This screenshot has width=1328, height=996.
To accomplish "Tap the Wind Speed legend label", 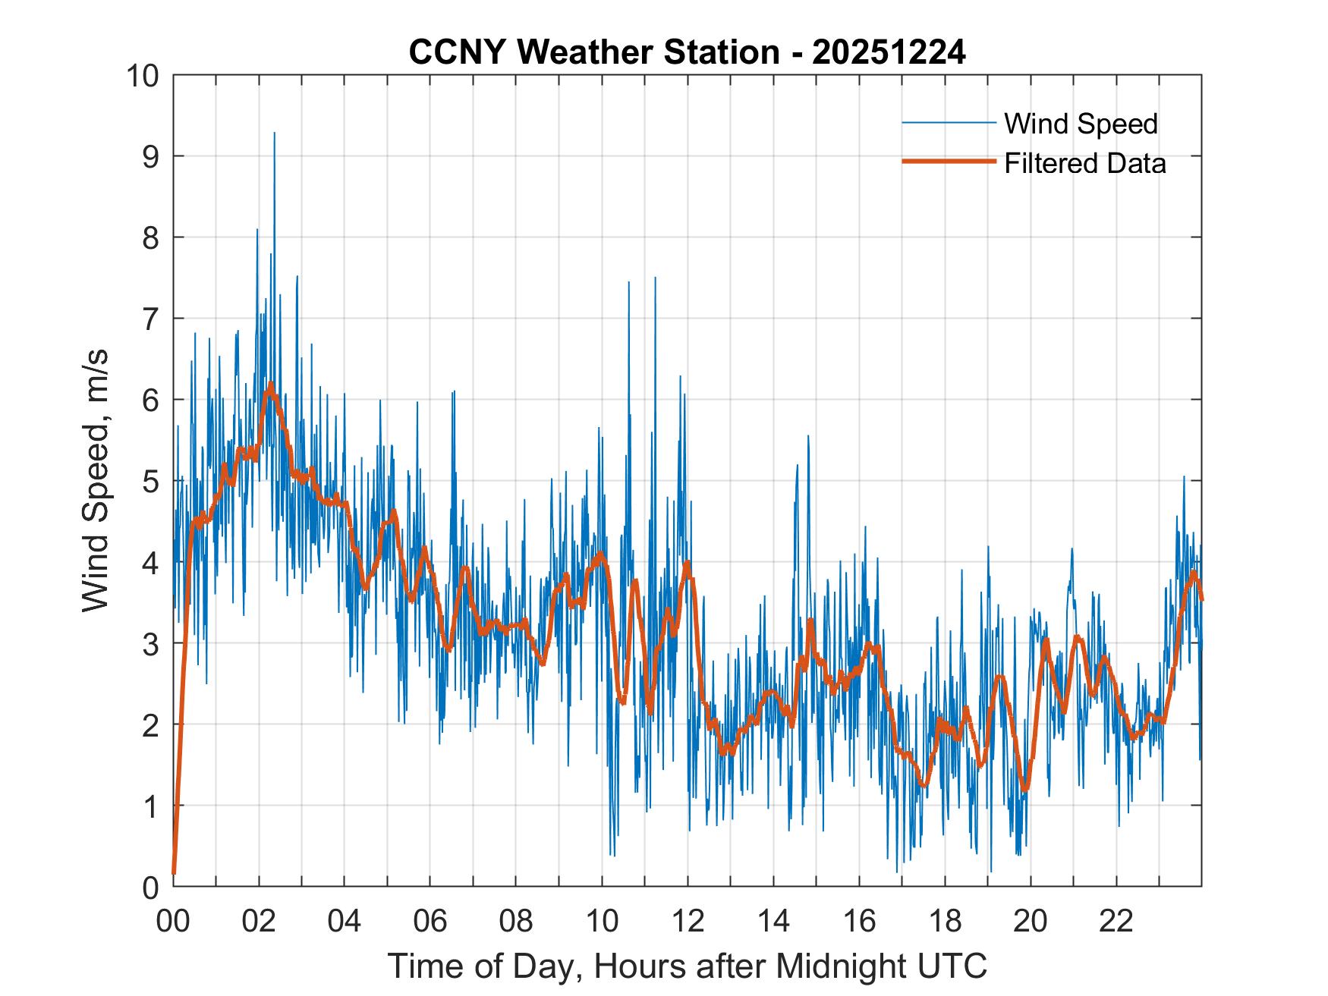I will pyautogui.click(x=1081, y=124).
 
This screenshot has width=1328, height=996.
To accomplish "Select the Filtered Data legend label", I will pyautogui.click(x=1084, y=163).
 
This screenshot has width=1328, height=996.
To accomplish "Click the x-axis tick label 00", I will pyautogui.click(x=173, y=921).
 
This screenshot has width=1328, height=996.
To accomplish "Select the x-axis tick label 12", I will pyautogui.click(x=688, y=921).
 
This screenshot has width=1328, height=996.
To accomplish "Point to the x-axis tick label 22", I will pyautogui.click(x=1116, y=921).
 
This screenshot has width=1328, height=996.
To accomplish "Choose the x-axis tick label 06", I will pyautogui.click(x=430, y=921).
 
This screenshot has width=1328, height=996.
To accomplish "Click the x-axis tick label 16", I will pyautogui.click(x=859, y=921).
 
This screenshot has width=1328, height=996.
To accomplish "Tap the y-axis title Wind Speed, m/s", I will pyautogui.click(x=96, y=480).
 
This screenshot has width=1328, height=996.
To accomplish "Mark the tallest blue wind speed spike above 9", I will pyautogui.click(x=274, y=134).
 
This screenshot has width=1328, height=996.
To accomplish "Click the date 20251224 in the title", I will pyautogui.click(x=889, y=53).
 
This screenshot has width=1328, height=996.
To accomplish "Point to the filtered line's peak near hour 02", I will pyautogui.click(x=269, y=386).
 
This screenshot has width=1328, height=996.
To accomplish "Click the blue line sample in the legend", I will pyautogui.click(x=948, y=123).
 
